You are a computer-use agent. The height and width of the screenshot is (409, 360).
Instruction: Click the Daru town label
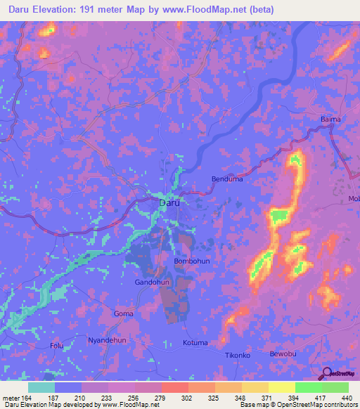tap(169, 202)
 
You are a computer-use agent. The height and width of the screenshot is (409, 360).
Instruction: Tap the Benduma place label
tap(227, 179)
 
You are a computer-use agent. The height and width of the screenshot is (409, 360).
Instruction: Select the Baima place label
tap(330, 119)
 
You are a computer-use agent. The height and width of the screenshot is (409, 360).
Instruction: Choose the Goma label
tap(123, 313)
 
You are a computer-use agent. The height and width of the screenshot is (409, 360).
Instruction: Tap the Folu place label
tap(57, 346)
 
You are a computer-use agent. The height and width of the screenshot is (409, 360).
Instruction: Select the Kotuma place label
tap(195, 343)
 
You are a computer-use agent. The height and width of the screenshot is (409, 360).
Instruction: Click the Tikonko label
tap(237, 356)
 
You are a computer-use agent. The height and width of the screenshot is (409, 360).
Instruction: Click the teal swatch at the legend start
tap(41, 387)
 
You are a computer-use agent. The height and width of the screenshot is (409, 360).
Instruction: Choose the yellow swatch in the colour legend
tap(282, 387)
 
